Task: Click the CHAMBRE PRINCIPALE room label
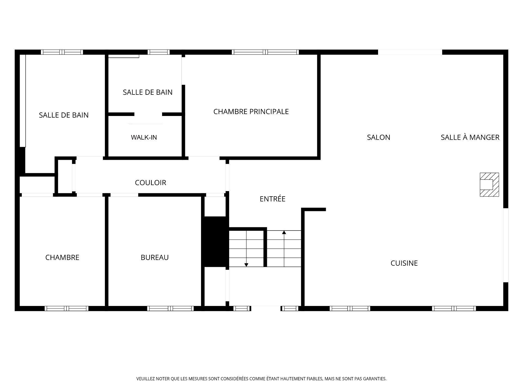tap(251, 112)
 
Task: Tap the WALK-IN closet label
tap(144, 137)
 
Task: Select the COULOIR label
tap(150, 183)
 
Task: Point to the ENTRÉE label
tap(272, 199)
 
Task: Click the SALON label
tap(378, 137)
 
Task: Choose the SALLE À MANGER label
tap(470, 137)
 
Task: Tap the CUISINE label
tap(404, 263)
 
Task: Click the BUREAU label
tap(154, 258)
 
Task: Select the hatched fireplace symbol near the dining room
tap(489, 185)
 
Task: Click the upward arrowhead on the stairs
tap(284, 232)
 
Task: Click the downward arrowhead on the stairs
tap(246, 265)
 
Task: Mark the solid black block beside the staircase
tap(215, 241)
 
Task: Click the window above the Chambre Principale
tap(265, 52)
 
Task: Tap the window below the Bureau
tap(171, 308)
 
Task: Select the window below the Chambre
tap(66, 308)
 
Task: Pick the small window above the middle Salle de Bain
tap(159, 52)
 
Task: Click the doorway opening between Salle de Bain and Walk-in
tap(148, 114)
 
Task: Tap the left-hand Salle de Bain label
tap(63, 115)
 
